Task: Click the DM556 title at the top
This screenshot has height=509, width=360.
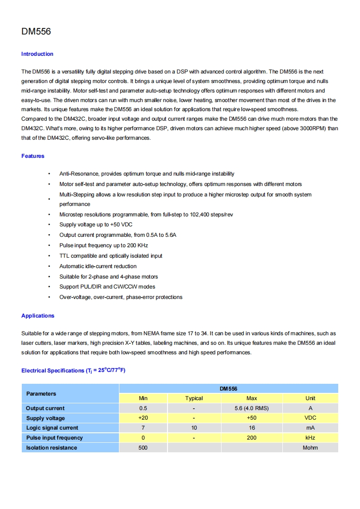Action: (36, 32)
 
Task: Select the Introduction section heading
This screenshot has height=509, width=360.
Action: (37, 54)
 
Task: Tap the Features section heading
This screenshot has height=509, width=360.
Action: (33, 156)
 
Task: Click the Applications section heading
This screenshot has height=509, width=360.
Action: (38, 316)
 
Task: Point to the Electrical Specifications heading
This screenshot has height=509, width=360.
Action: (73, 371)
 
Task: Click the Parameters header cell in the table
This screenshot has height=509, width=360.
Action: (41, 393)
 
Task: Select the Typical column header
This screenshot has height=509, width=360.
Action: (194, 398)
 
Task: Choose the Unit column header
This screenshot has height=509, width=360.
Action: (310, 398)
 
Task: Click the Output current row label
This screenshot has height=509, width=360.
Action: (45, 408)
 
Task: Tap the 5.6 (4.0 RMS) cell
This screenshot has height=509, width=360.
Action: (252, 408)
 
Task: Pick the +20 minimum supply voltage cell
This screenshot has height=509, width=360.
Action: (143, 418)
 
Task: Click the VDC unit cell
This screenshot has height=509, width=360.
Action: (310, 418)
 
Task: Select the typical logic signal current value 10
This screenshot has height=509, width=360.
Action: (194, 428)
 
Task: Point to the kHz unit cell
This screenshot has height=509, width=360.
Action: (310, 438)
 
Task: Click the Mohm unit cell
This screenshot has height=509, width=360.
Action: (310, 448)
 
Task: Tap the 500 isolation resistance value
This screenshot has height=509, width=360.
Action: (143, 448)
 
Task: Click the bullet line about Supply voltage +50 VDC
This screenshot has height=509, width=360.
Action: (96, 225)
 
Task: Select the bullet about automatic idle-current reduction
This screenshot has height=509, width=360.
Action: (98, 266)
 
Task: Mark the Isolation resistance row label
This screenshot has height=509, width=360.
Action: (52, 448)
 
